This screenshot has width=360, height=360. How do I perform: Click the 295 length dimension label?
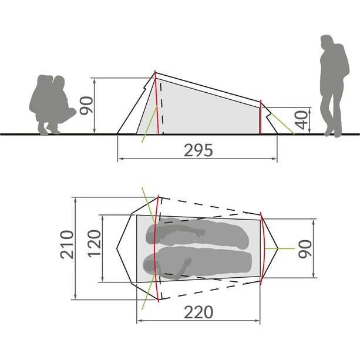(x=198, y=150)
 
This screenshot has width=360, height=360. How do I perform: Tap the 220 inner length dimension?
(x=198, y=312)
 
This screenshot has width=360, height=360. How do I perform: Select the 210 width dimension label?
(x=68, y=244)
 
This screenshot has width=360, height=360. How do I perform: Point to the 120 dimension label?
(x=94, y=243)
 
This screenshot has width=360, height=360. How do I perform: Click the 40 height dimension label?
(x=301, y=120)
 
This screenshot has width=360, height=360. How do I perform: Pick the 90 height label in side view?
(x=86, y=105)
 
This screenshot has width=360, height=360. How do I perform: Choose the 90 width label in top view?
(x=305, y=249)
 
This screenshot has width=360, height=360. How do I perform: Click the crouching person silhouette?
(x=52, y=105)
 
